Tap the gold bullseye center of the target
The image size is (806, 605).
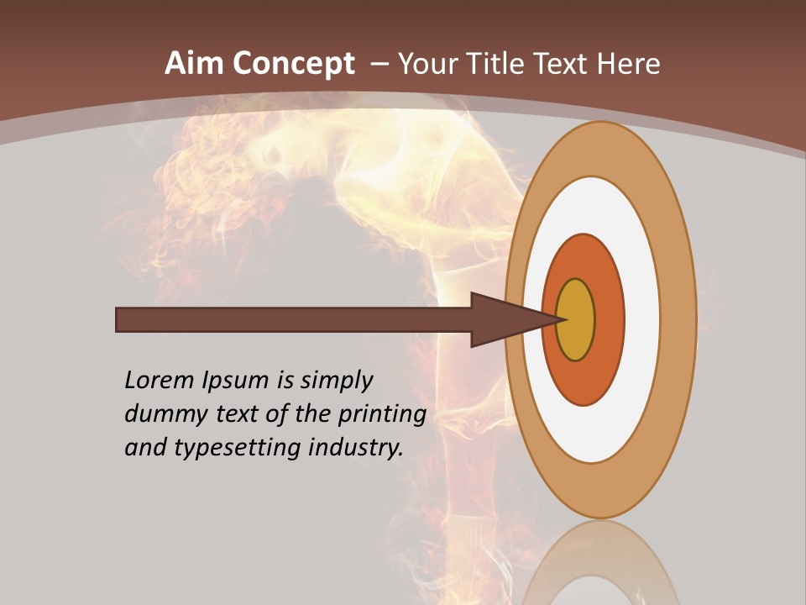575,320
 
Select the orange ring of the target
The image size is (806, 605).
610,320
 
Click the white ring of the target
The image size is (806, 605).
642,320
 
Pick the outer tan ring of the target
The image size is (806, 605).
681,320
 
